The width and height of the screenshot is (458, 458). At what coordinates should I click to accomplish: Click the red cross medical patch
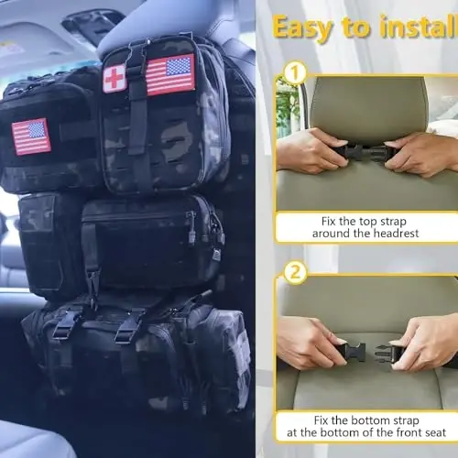[114, 79]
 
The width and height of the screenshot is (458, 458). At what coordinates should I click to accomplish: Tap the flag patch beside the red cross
[170, 74]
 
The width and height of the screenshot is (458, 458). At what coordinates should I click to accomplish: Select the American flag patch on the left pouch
[31, 136]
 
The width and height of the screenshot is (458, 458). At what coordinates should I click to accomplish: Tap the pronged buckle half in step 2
[354, 351]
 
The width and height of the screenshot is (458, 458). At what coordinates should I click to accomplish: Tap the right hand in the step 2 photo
[426, 343]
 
